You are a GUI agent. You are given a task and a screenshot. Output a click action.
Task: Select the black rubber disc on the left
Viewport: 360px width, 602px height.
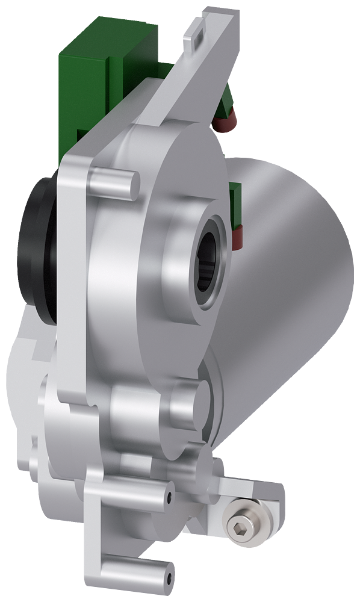pos(36,253)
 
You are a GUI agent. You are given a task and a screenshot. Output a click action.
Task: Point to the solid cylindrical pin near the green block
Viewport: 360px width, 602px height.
pos(114,184)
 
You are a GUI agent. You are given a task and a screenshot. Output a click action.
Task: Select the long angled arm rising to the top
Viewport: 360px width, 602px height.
pos(199,72)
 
